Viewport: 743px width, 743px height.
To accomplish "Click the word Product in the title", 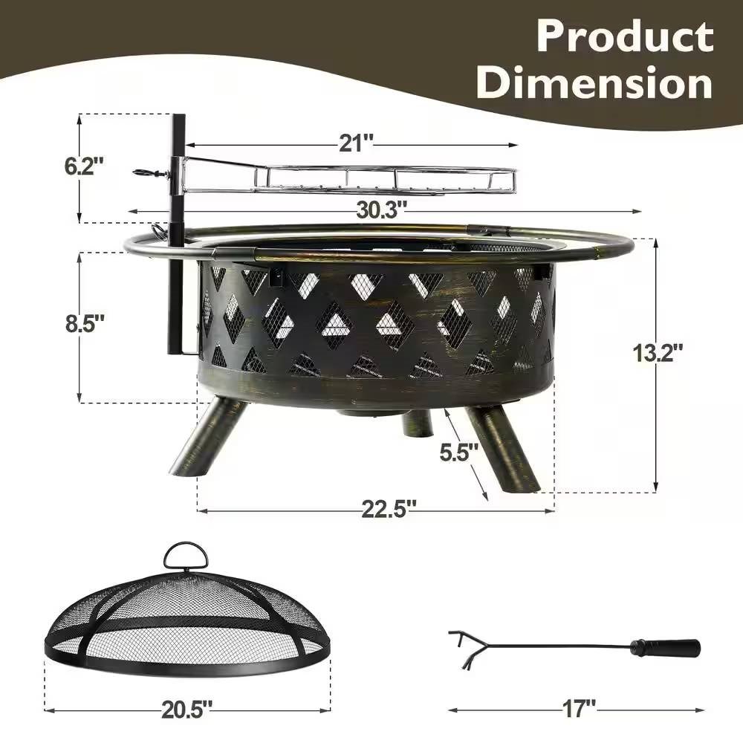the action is [x=625, y=36].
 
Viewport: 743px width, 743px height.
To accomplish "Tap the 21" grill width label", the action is [x=357, y=143].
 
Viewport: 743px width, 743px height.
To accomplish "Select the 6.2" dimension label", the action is [x=84, y=166].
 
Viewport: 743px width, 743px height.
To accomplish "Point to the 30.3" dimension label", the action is [x=381, y=210].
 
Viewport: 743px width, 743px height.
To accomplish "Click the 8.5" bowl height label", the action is [x=85, y=325].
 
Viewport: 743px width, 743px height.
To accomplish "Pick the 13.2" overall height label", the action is [x=658, y=352].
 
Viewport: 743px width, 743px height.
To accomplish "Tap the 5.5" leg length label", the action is [x=458, y=452].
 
